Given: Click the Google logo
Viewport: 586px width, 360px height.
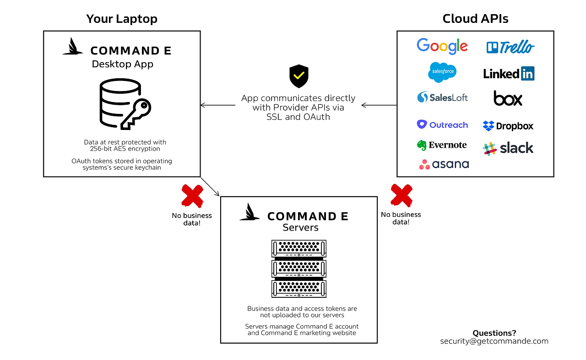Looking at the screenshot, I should tap(442, 46).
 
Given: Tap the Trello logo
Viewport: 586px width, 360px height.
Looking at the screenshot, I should tap(510, 47).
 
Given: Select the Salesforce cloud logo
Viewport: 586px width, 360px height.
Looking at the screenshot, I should tap(442, 72).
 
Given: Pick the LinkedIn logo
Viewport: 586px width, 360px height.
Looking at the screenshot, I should tap(509, 74).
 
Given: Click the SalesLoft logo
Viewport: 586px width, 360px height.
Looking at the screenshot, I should tap(442, 97).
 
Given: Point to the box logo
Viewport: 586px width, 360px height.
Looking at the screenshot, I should tap(508, 98).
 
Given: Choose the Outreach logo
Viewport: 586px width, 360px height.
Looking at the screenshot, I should tap(442, 124).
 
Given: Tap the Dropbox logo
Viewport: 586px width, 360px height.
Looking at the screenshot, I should tap(508, 126).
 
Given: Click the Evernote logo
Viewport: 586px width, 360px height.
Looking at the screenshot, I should tap(442, 145).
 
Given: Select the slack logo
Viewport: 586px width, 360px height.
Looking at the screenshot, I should tap(508, 148).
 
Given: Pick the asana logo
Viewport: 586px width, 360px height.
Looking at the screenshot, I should tap(444, 164).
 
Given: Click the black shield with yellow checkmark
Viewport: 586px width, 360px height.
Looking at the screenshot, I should tap(298, 76).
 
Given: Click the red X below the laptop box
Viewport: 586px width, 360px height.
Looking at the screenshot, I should tap(192, 196).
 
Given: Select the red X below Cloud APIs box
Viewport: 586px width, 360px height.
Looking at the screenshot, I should tap(401, 195).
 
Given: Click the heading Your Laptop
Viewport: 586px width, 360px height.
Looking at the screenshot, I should tap(122, 19).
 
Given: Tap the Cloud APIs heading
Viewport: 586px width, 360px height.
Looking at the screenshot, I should tap(475, 19).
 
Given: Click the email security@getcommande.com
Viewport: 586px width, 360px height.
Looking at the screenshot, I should tap(494, 341).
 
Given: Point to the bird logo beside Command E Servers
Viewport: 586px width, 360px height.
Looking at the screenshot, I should tap(250, 212).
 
